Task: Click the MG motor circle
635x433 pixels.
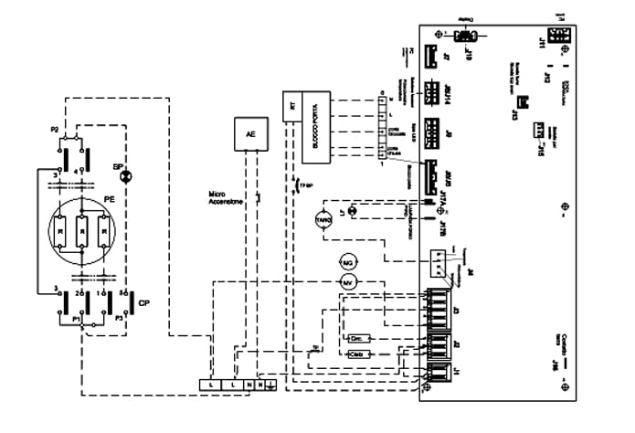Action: point(346,263)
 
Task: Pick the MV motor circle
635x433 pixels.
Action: point(346,283)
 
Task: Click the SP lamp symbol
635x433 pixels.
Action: point(128,171)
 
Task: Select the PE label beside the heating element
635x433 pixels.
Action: point(109,195)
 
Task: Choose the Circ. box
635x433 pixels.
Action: point(357,339)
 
